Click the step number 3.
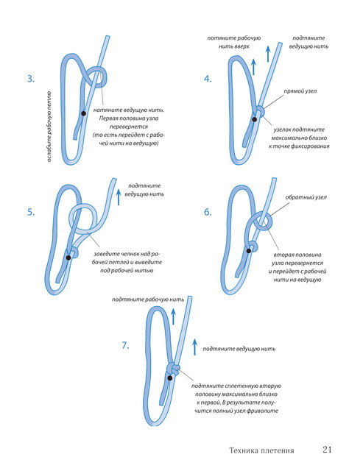pyautogui.click(x=31, y=79)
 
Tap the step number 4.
pyautogui.click(x=208, y=79)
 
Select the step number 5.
pyautogui.click(x=31, y=212)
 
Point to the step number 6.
pyautogui.click(x=208, y=212)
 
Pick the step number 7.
pyautogui.click(x=125, y=345)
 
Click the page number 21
pyautogui.click(x=327, y=450)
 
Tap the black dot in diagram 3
pyautogui.click(x=83, y=113)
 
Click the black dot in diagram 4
pyautogui.click(x=255, y=119)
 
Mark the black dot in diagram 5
pyautogui.click(x=68, y=258)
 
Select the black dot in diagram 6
pyautogui.click(x=249, y=250)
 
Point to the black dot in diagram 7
pyautogui.click(x=170, y=378)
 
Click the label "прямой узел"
pyautogui.click(x=300, y=91)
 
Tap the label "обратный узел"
pyautogui.click(x=306, y=197)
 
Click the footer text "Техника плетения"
pyautogui.click(x=261, y=450)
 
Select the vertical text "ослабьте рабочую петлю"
pyautogui.click(x=49, y=127)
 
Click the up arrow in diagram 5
pyautogui.click(x=119, y=197)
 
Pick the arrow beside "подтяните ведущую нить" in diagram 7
pyautogui.click(x=194, y=347)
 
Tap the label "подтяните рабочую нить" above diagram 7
pyautogui.click(x=148, y=300)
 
